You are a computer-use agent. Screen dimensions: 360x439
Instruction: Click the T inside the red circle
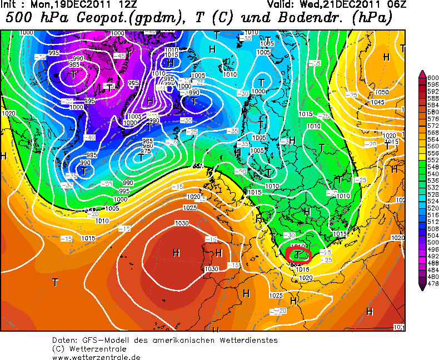point(298,255)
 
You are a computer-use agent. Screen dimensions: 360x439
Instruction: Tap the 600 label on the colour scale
point(432,78)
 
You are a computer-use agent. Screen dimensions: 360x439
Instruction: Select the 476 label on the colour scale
point(432,283)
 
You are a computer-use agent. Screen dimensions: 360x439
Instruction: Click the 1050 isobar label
point(382,92)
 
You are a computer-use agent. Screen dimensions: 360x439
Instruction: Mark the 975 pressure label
point(146,151)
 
